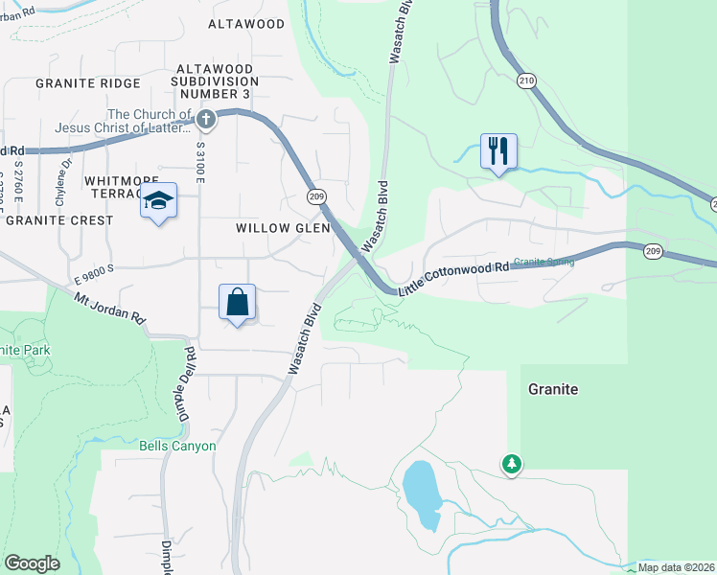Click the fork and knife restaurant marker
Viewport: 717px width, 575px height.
(x=498, y=151)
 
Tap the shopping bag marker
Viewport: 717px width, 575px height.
(x=237, y=303)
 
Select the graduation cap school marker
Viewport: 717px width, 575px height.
(x=158, y=201)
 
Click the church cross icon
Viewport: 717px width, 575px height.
(x=205, y=120)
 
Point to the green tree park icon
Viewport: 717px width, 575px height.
(x=512, y=465)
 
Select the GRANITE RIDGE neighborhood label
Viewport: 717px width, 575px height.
(x=87, y=83)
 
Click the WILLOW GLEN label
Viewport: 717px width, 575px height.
(x=283, y=228)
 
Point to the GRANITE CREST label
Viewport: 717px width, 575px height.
(x=59, y=219)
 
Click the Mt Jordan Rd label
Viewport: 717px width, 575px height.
(x=110, y=310)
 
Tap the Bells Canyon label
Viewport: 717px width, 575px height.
(x=177, y=446)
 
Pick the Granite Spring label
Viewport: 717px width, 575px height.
(x=544, y=261)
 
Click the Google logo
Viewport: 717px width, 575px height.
(x=32, y=563)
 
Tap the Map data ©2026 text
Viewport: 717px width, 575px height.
(x=676, y=567)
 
